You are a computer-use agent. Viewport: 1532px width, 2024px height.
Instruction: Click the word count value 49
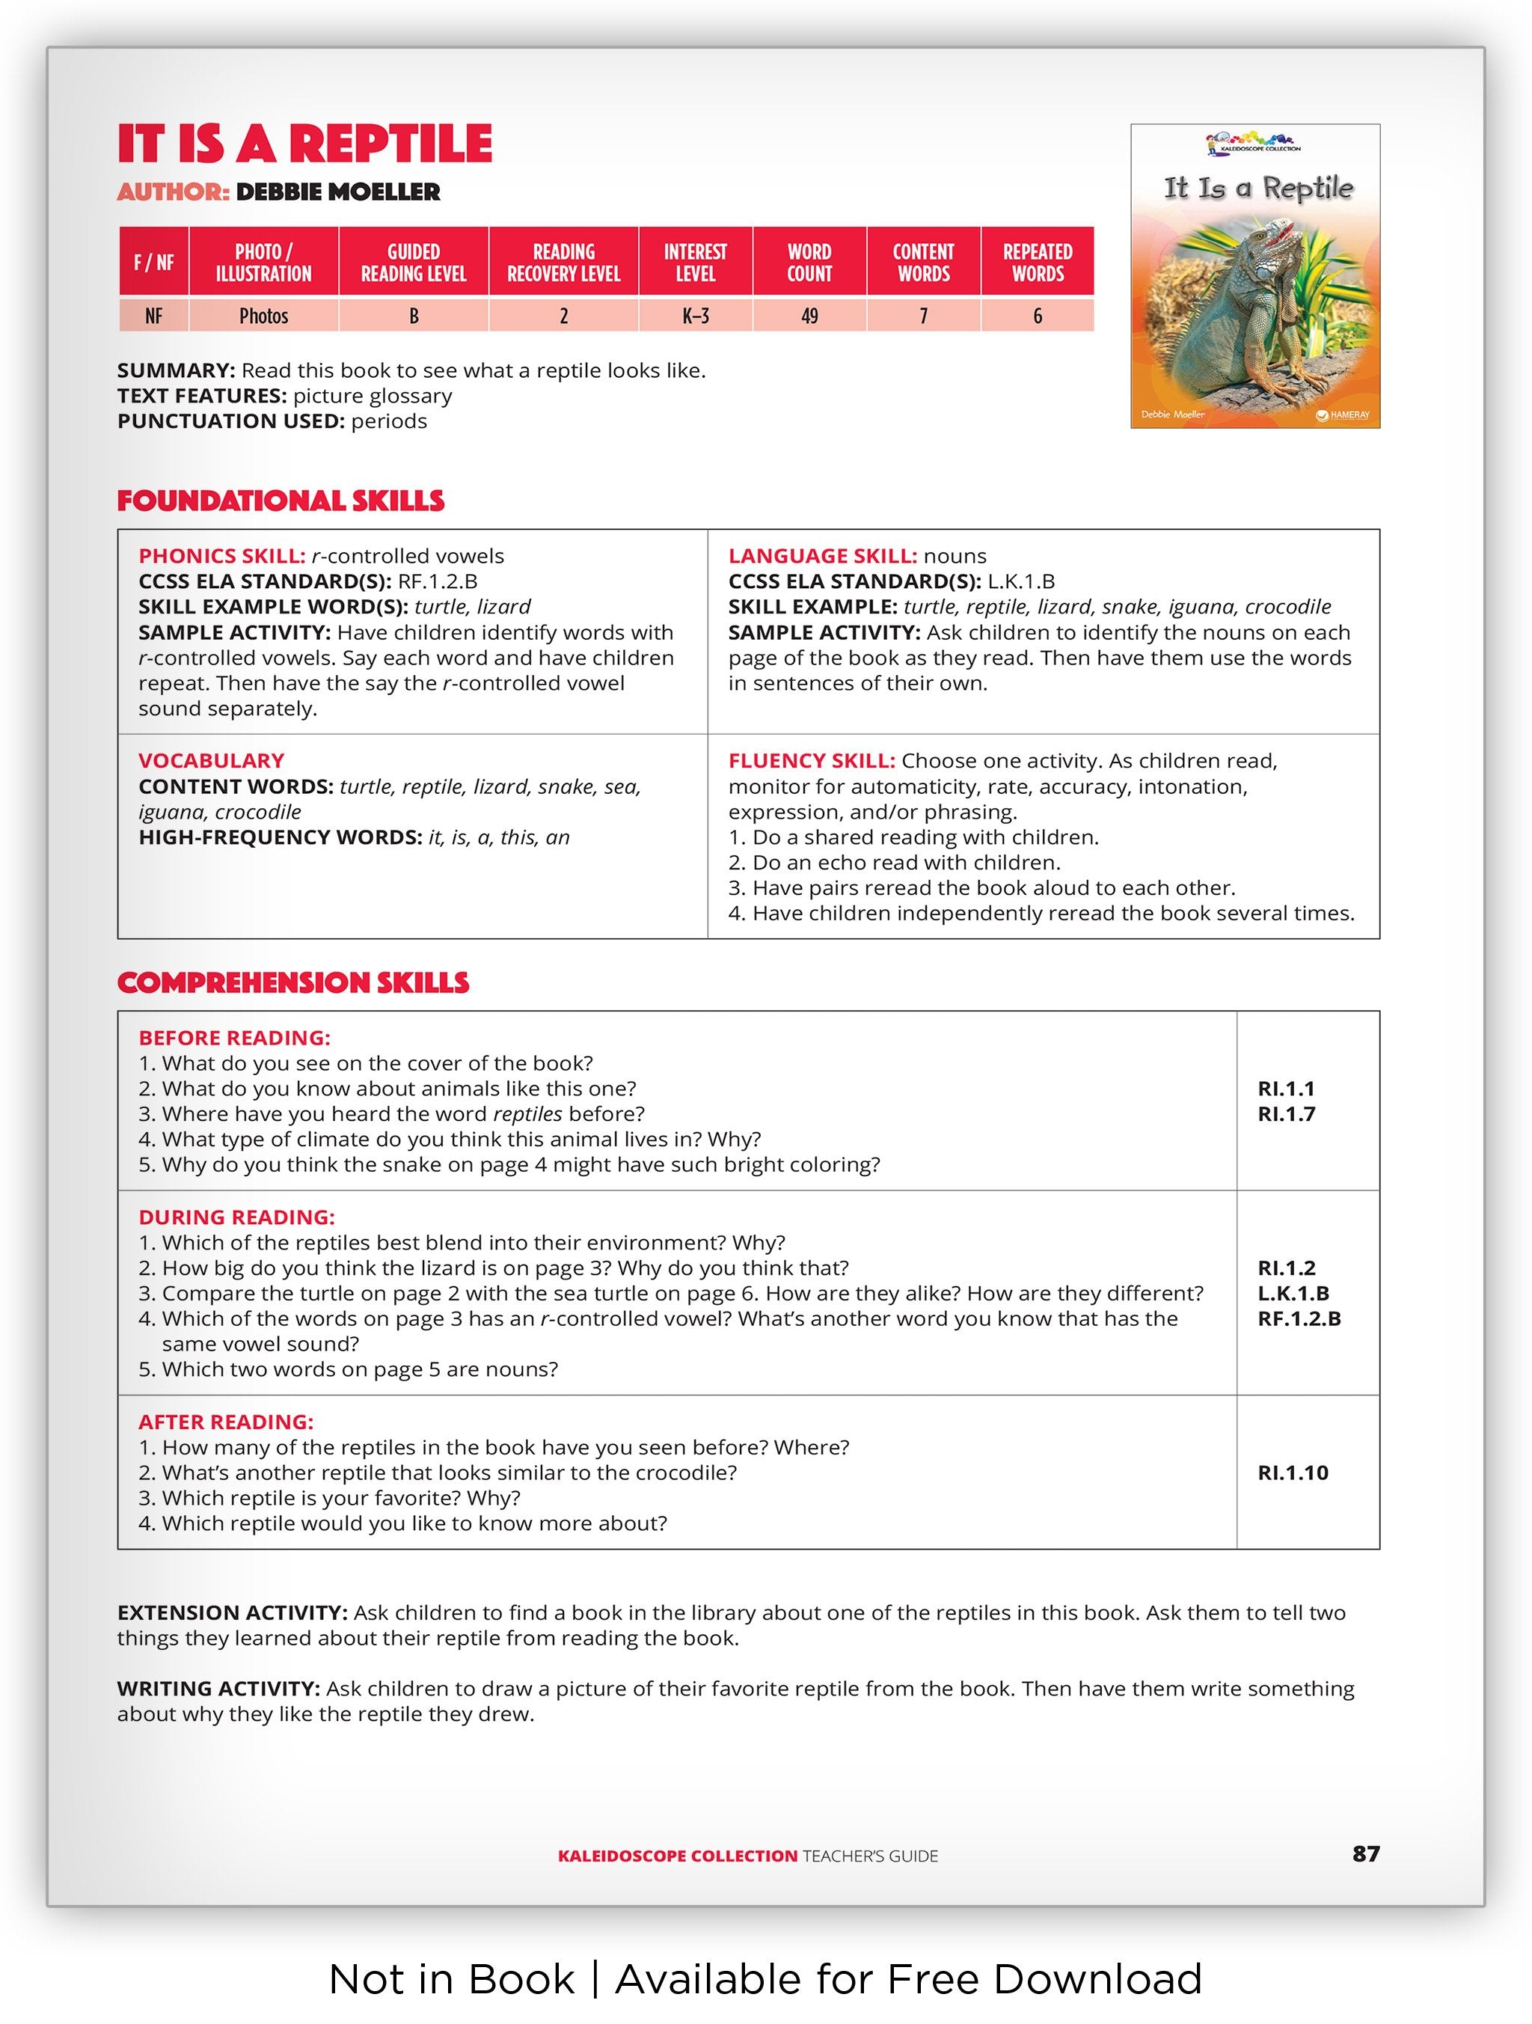pyautogui.click(x=809, y=316)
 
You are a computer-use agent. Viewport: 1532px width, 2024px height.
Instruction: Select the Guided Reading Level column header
pyautogui.click(x=414, y=263)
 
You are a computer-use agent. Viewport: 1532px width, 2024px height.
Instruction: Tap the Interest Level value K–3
pyautogui.click(x=695, y=316)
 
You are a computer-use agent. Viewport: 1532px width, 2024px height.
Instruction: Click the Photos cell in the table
pyautogui.click(x=263, y=316)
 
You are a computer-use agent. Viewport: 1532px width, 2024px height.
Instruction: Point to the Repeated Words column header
pyautogui.click(x=1038, y=263)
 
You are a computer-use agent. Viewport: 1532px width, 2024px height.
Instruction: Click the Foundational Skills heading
pyautogui.click(x=280, y=501)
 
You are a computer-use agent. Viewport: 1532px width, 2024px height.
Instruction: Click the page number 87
pyautogui.click(x=1365, y=1853)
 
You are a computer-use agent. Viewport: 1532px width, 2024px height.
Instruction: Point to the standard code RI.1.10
pyautogui.click(x=1293, y=1473)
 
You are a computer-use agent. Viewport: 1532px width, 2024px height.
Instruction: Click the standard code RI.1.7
pyautogui.click(x=1286, y=1113)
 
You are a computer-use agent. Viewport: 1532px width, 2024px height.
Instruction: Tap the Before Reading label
pyautogui.click(x=234, y=1038)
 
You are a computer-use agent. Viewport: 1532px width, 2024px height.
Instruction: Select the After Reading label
pyautogui.click(x=226, y=1422)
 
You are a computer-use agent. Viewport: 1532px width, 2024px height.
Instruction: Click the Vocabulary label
pyautogui.click(x=211, y=760)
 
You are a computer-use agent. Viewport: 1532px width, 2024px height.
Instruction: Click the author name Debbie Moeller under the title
pyautogui.click(x=337, y=192)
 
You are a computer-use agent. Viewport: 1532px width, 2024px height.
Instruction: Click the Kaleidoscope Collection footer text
pyautogui.click(x=678, y=1856)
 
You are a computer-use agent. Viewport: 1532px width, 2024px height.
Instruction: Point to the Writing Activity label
pyautogui.click(x=218, y=1688)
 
